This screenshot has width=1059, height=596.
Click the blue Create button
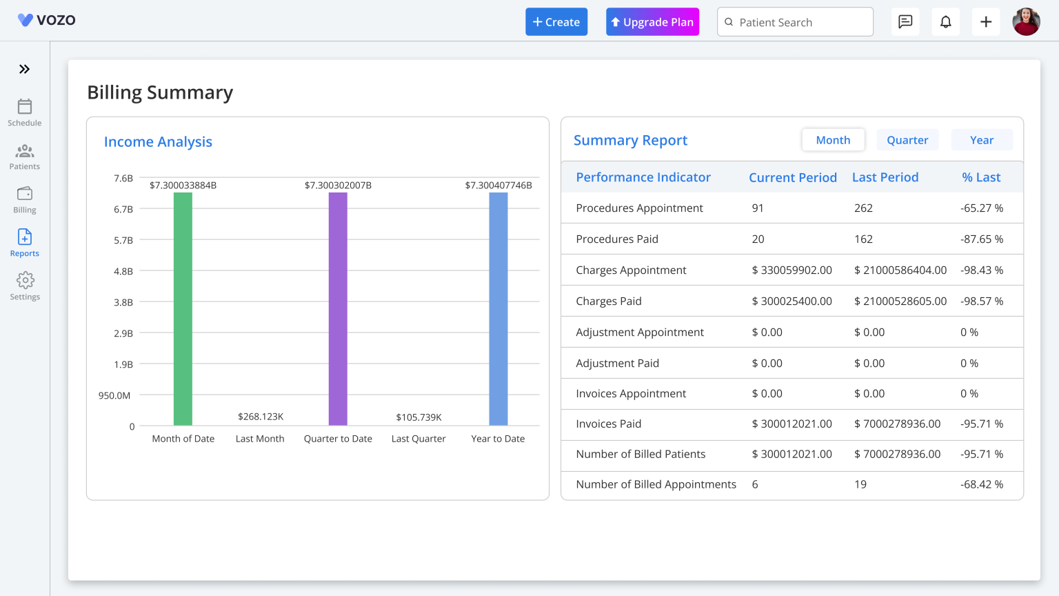click(556, 22)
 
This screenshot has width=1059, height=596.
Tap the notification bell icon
click(946, 22)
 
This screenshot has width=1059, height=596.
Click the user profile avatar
click(1026, 22)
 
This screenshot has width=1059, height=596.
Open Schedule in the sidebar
click(25, 112)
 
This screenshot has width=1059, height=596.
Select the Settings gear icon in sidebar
click(25, 286)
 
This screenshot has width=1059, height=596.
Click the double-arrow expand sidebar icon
click(25, 69)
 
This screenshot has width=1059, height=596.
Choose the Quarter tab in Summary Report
click(907, 140)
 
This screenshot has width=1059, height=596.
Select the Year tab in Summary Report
click(982, 140)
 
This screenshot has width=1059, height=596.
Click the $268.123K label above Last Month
click(261, 417)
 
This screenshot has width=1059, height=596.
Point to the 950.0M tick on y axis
click(114, 395)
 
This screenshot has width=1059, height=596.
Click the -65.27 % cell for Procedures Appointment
click(982, 208)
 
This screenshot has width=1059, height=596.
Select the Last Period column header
click(885, 177)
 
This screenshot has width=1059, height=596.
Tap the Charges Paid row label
click(609, 301)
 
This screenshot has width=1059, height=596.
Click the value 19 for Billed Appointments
click(860, 484)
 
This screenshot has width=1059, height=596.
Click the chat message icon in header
click(905, 22)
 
